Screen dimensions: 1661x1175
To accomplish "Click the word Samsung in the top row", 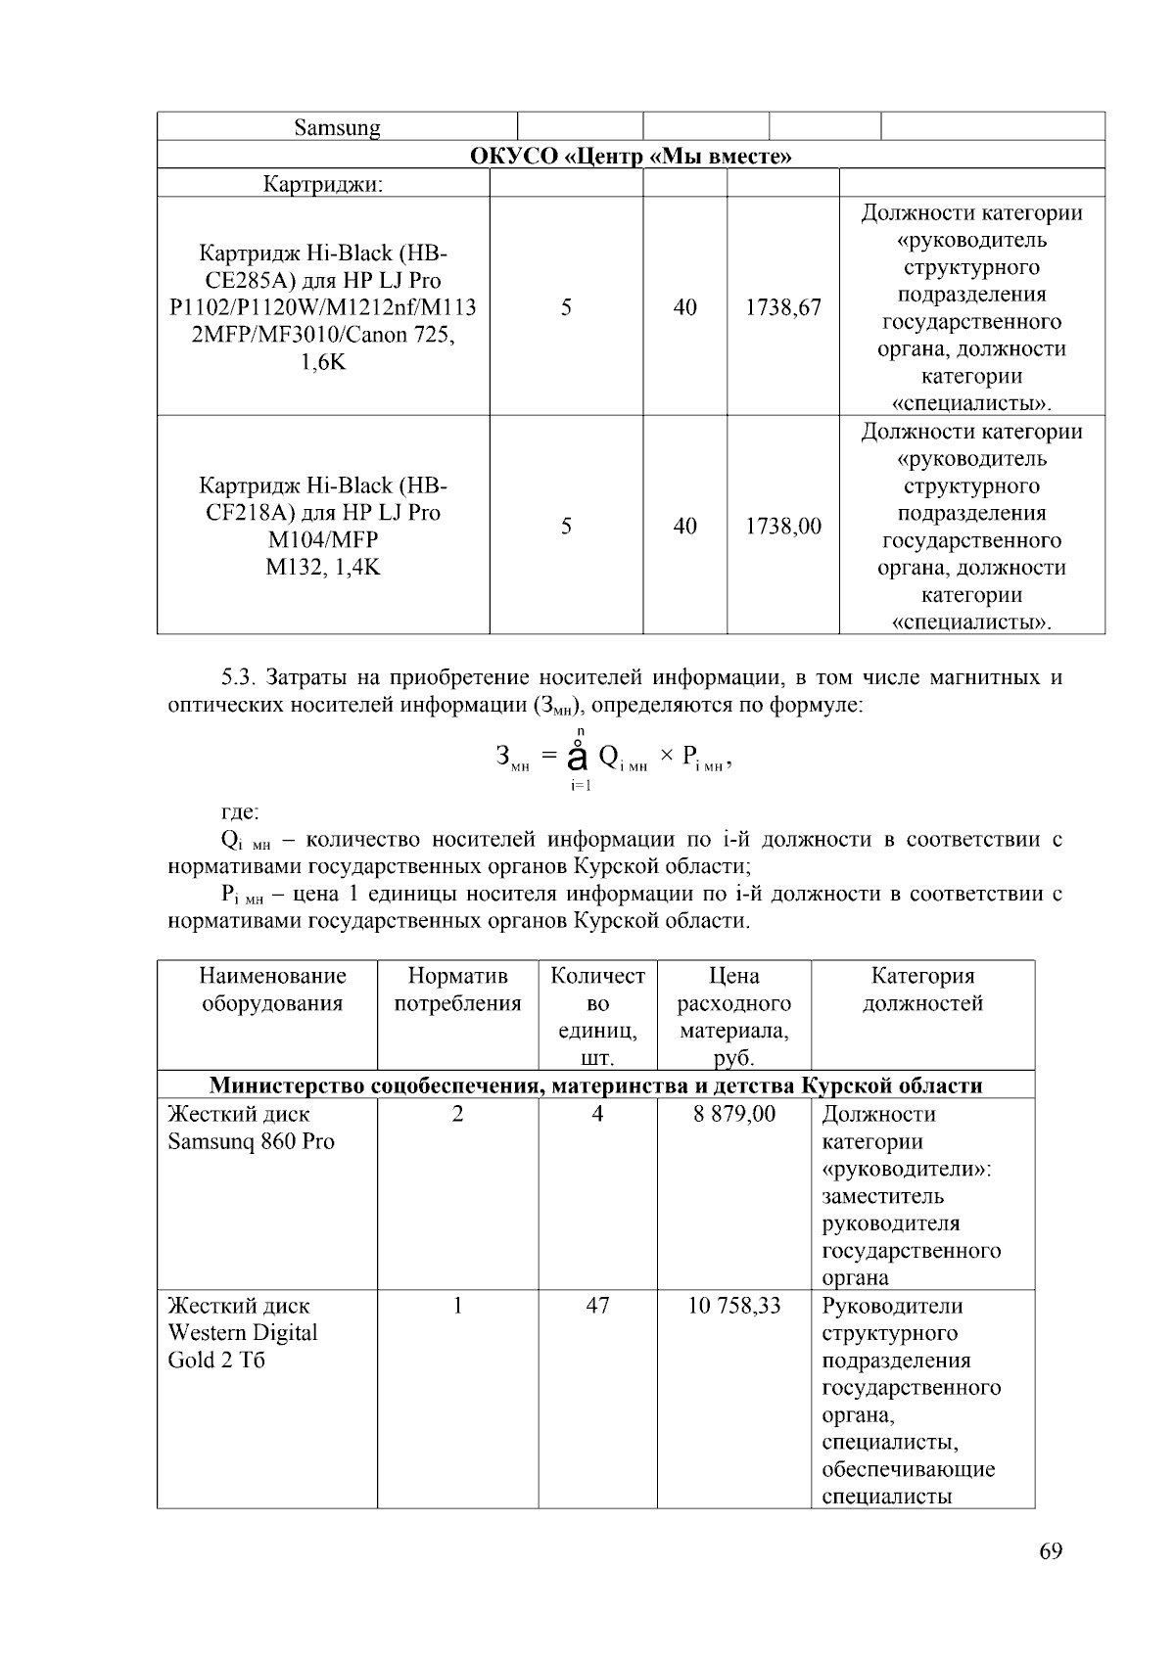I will (337, 127).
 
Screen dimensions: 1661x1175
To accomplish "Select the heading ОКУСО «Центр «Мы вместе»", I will (631, 156).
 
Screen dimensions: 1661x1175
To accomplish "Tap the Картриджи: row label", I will (323, 184).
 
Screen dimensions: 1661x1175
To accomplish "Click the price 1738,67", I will (782, 307).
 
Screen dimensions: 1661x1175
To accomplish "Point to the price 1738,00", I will (782, 527).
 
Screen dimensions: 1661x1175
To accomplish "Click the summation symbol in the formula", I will (578, 757).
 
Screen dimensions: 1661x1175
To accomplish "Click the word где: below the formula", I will (241, 812).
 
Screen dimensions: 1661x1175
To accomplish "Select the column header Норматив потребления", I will (457, 990).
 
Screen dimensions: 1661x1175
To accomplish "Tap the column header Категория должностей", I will (922, 990).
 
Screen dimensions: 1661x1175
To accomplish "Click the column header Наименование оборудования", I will (272, 990).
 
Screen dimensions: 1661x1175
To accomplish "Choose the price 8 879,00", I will (733, 1114).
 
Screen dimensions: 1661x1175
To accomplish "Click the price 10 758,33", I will (733, 1306).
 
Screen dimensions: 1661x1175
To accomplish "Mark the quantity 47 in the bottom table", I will (597, 1306).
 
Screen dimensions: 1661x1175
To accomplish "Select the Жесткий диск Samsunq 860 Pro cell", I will (252, 1128).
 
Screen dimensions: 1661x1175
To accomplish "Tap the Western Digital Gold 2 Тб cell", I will (243, 1333).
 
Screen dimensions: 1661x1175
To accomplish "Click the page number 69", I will (1051, 1551).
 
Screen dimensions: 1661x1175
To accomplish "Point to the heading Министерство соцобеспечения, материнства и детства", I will (595, 1085).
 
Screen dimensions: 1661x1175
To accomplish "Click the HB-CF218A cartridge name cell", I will (323, 527).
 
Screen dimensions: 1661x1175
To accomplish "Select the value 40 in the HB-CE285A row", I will (684, 307).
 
